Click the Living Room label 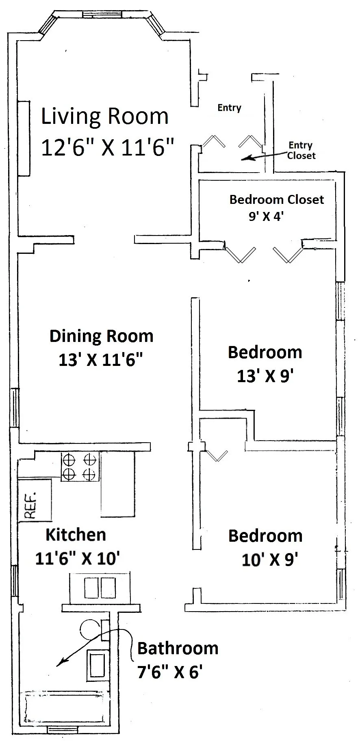tap(105, 116)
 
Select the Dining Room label tap(102, 336)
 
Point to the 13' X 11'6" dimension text tap(101, 360)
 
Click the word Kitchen tap(76, 534)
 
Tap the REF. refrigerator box tap(35, 500)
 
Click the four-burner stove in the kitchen tap(80, 467)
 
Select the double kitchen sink tap(100, 588)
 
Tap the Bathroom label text tap(178, 648)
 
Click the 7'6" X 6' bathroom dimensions tap(170, 672)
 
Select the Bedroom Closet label tap(277, 199)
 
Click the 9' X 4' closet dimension tap(266, 216)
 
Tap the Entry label tap(230, 108)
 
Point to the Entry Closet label tap(301, 150)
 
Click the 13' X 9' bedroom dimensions tap(265, 376)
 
